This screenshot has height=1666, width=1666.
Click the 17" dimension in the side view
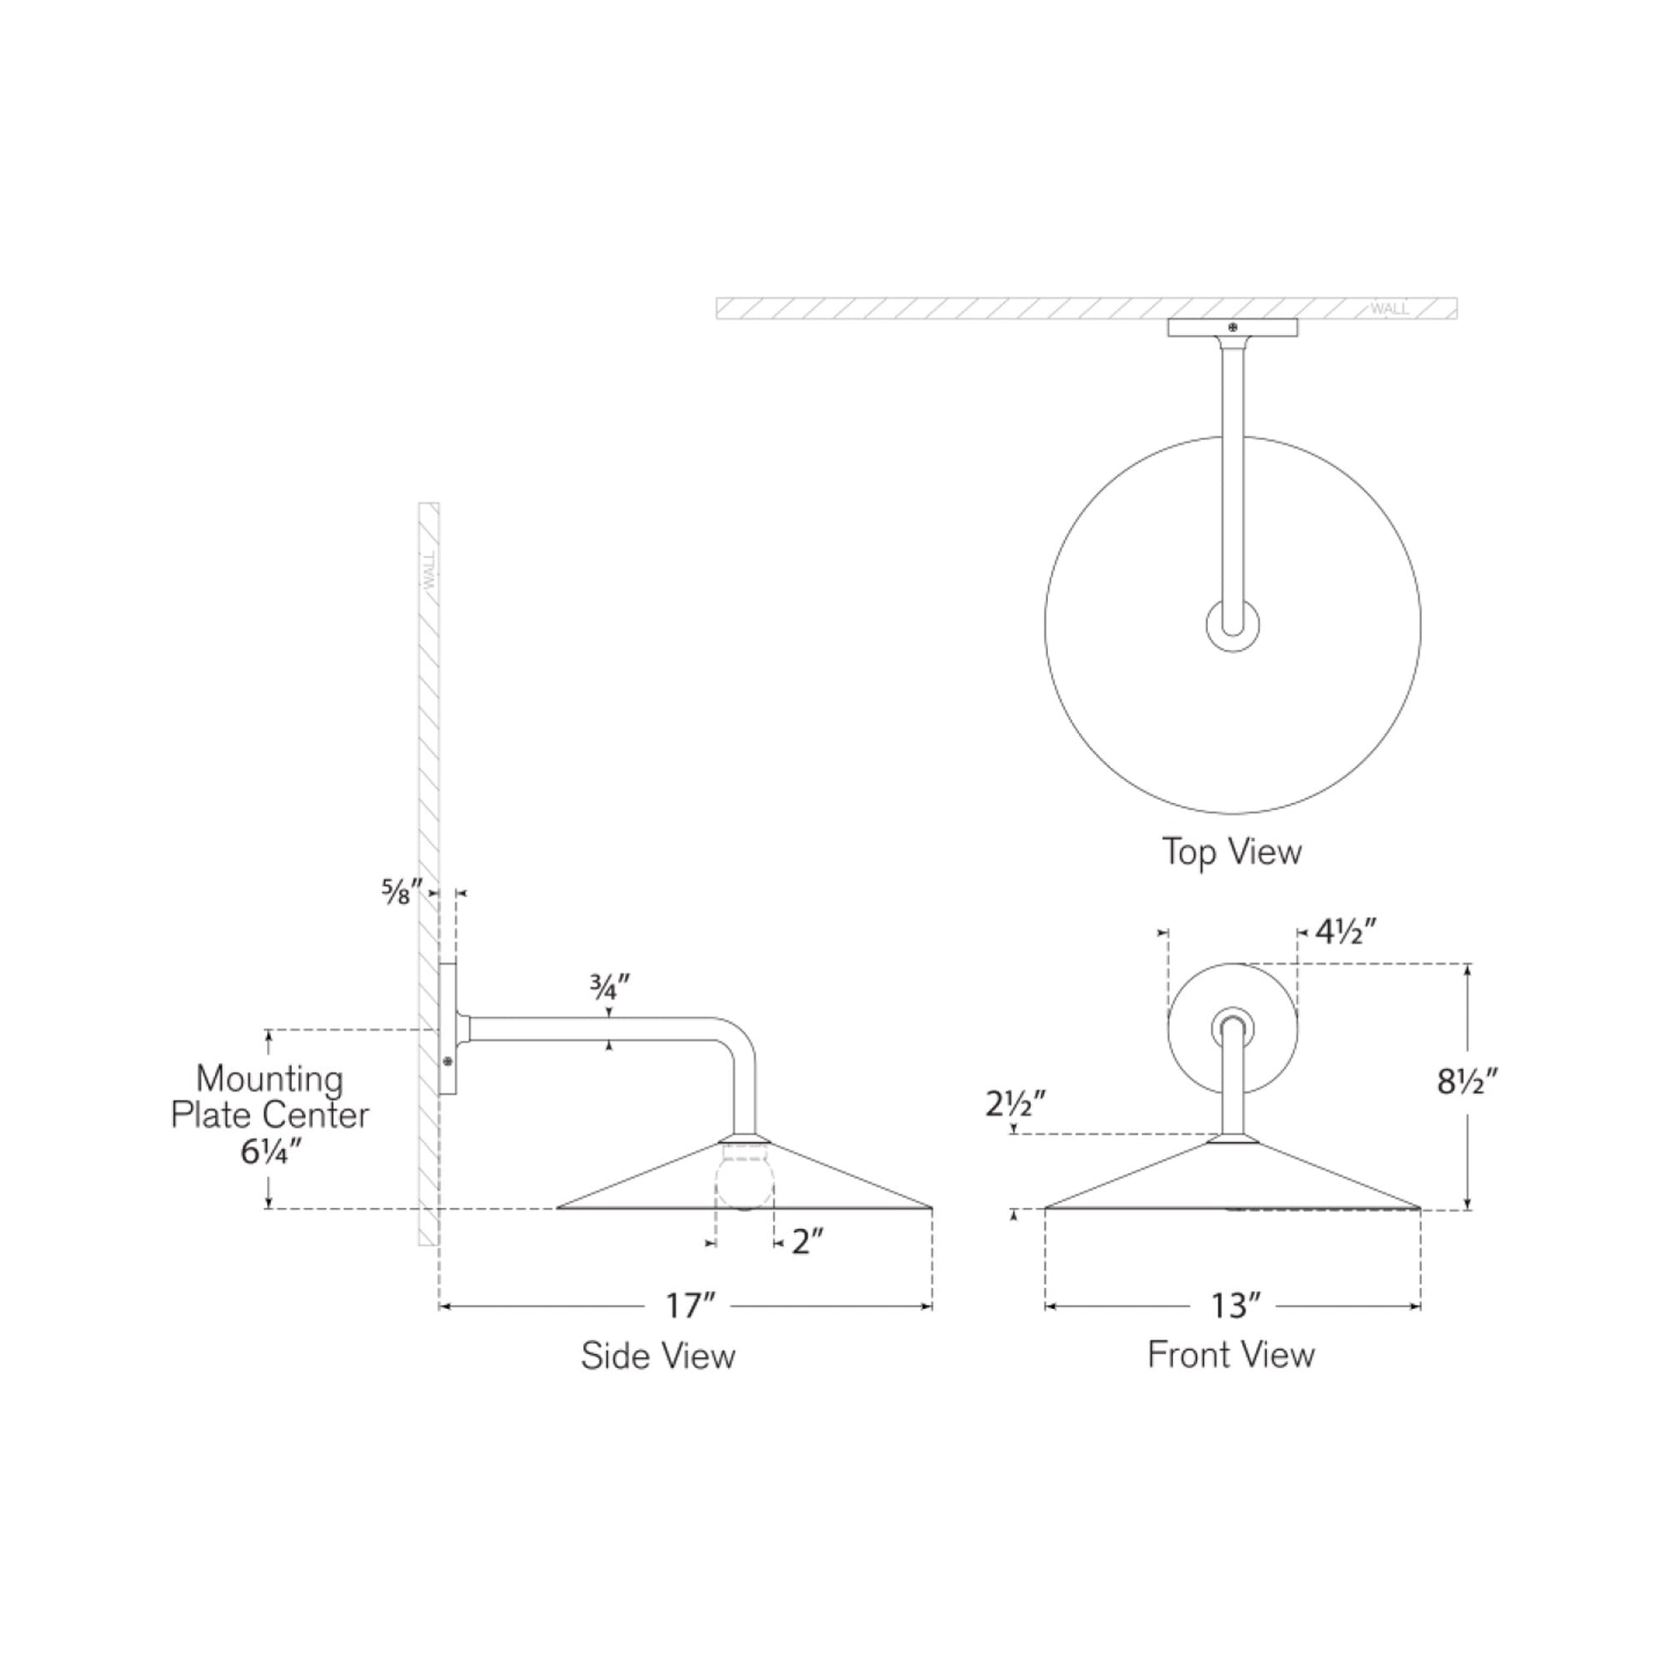689,1306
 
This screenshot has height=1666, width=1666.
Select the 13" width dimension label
1235,1306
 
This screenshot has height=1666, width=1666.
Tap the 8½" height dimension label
1467,1081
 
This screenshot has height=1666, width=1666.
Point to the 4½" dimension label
1344,932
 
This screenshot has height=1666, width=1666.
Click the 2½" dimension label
1016,1104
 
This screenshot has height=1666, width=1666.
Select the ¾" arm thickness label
610,986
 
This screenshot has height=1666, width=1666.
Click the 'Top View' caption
1231,852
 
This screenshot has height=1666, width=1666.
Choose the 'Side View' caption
658,1356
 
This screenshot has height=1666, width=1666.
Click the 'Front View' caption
1230,1354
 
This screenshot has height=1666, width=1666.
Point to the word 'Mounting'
269,1080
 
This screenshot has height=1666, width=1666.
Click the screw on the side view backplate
448,1062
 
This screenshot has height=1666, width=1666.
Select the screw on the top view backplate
1232,328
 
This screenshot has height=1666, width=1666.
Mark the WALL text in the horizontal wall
1389,309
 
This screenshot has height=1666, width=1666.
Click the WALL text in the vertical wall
430,570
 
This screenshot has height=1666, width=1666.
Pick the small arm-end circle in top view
1231,625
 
